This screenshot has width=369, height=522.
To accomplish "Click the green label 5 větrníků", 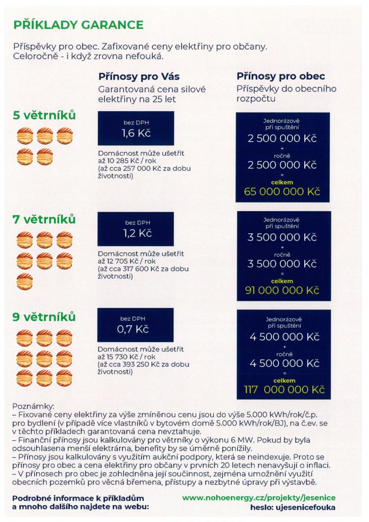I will click(x=44, y=116).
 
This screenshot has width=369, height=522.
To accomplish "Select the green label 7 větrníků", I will click(x=44, y=219).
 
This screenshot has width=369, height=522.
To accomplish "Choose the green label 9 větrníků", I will click(x=44, y=317).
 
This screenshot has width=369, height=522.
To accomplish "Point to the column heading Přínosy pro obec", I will click(x=280, y=76).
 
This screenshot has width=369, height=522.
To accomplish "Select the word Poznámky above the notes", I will click(x=33, y=406).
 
